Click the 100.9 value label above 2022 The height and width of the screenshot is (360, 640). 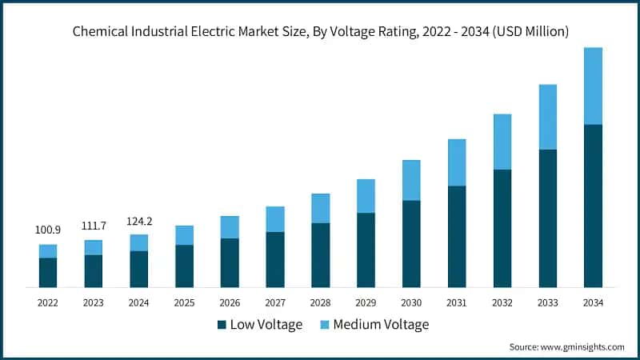pos(48,230)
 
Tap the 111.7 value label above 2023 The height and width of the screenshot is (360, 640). pos(94,226)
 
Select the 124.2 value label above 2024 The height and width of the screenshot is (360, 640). pos(139,221)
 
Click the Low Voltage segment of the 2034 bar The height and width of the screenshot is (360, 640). pos(593,206)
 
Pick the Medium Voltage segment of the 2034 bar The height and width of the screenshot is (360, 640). pos(593,86)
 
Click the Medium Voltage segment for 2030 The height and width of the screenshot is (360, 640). pos(411,180)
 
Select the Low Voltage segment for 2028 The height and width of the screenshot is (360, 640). pos(321,254)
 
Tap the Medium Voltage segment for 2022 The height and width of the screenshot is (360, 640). pos(48,251)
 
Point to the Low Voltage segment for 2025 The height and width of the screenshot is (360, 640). pos(185,266)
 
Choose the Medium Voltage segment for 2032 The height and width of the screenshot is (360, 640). pos(502,142)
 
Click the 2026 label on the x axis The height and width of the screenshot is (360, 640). pos(230,302)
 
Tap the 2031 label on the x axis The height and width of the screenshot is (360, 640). pos(457,302)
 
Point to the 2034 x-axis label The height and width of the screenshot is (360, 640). pos(593,302)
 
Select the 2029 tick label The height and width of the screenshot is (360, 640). pos(366,302)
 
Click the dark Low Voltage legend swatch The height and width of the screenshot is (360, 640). pos(222,325)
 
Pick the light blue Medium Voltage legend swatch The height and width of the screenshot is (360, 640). pos(325,325)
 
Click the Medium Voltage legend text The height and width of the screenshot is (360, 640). pos(381,325)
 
